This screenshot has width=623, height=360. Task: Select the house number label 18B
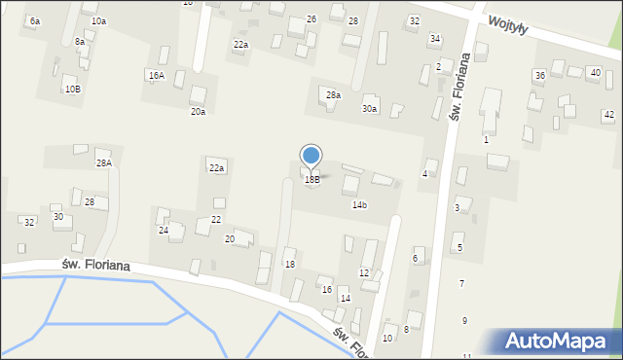(x=311, y=180)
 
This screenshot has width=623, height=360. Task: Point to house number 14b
(x=359, y=205)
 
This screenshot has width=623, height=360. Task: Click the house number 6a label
(x=35, y=20)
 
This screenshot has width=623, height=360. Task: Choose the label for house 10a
(x=98, y=20)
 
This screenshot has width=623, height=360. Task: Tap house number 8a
(x=80, y=42)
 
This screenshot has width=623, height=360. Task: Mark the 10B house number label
(x=73, y=90)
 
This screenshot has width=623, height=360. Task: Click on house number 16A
(x=156, y=75)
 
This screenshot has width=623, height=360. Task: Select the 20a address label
(x=198, y=112)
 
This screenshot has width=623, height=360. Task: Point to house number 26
(x=311, y=19)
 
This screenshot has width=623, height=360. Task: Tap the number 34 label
(x=435, y=39)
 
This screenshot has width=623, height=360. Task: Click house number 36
(x=539, y=75)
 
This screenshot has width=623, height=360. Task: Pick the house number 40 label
(x=595, y=72)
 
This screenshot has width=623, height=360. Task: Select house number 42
(x=608, y=115)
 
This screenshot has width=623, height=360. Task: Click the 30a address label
(x=369, y=109)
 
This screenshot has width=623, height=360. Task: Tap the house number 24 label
(x=164, y=231)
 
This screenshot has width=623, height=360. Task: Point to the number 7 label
(x=461, y=283)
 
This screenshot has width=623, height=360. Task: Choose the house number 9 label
(x=464, y=320)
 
